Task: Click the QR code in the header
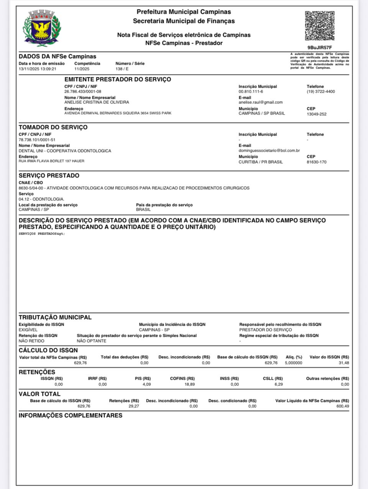(x=320, y=26)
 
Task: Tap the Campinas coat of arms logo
(x=42, y=28)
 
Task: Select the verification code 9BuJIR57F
(x=320, y=48)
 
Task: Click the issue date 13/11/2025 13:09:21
(x=38, y=69)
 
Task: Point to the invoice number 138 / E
(x=122, y=69)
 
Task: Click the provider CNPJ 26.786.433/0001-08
(x=83, y=92)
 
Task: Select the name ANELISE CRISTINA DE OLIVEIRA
(x=97, y=102)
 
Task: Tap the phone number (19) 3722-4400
(x=320, y=92)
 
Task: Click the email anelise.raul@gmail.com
(x=260, y=102)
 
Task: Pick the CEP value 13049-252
(x=316, y=114)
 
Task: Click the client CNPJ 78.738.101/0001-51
(x=37, y=140)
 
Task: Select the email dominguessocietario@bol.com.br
(x=269, y=151)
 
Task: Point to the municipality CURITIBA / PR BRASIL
(x=261, y=162)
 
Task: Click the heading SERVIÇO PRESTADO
(x=49, y=176)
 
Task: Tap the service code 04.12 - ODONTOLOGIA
(x=41, y=199)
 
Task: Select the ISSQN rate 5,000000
(x=293, y=363)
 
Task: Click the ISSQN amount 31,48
(x=344, y=363)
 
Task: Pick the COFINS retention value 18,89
(x=189, y=384)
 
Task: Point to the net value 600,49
(x=343, y=406)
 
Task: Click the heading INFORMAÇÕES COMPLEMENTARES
(x=71, y=415)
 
